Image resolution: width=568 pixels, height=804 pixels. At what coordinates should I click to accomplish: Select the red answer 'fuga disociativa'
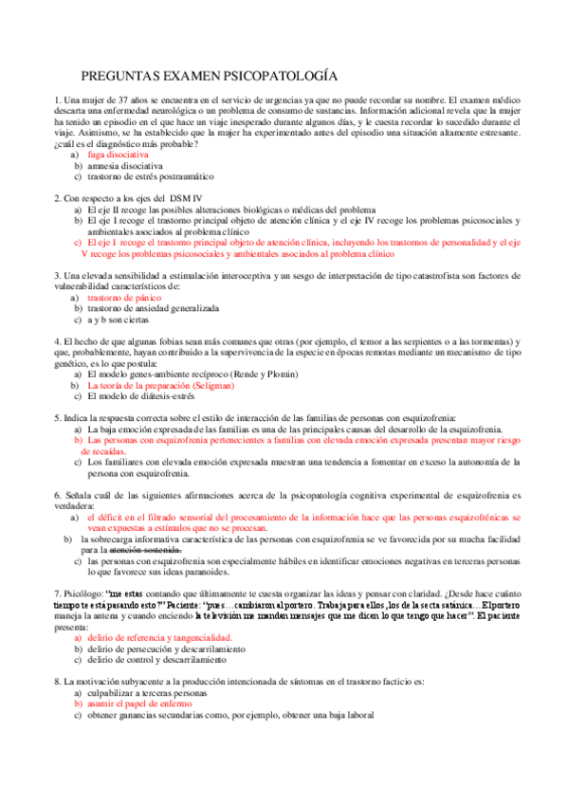pos(118,154)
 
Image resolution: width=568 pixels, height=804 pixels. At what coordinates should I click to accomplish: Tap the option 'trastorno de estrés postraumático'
pos(151,176)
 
